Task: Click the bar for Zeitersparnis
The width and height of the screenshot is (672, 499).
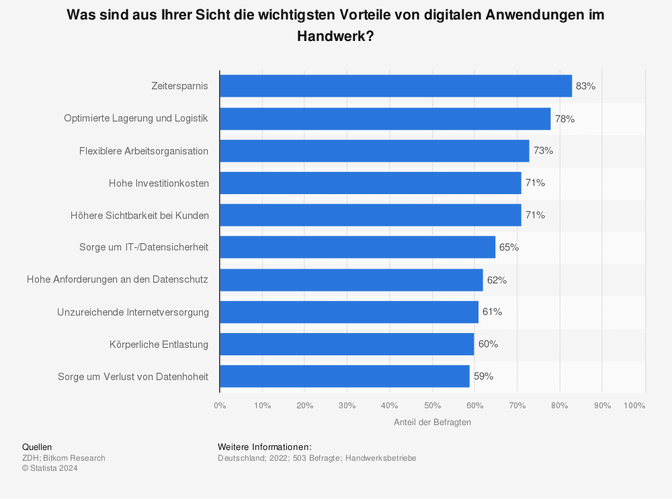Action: pyautogui.click(x=395, y=86)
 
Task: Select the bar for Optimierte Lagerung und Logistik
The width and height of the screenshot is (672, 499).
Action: pyautogui.click(x=384, y=118)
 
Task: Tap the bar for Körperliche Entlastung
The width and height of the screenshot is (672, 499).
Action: pyautogui.click(x=346, y=344)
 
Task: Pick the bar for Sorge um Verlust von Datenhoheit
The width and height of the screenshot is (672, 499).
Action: pyautogui.click(x=344, y=376)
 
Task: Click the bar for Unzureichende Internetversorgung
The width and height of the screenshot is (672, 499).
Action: pyautogui.click(x=349, y=312)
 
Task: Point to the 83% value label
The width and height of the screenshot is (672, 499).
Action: pyautogui.click(x=585, y=86)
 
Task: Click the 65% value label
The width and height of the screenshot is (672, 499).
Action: pyautogui.click(x=509, y=247)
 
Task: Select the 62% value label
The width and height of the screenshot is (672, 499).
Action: pyautogui.click(x=497, y=279)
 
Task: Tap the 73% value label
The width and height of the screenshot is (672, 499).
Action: pyautogui.click(x=543, y=150)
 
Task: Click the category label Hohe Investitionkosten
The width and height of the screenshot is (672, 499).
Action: pyautogui.click(x=159, y=183)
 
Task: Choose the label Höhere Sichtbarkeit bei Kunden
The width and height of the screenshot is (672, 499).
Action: pyautogui.click(x=139, y=215)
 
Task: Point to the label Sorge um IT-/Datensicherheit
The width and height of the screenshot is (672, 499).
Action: pyautogui.click(x=144, y=247)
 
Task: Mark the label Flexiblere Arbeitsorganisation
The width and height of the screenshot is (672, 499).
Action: pyautogui.click(x=144, y=150)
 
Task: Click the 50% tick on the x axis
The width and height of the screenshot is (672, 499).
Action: pyautogui.click(x=432, y=405)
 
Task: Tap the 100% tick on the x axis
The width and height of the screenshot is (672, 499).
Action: pyautogui.click(x=634, y=405)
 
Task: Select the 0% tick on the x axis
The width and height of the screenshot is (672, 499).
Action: pyautogui.click(x=220, y=405)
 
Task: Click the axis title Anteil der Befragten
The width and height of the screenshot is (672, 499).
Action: pyautogui.click(x=432, y=422)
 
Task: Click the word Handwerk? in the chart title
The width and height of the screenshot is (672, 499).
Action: pyautogui.click(x=335, y=37)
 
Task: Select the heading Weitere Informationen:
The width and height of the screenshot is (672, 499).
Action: pyautogui.click(x=265, y=447)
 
